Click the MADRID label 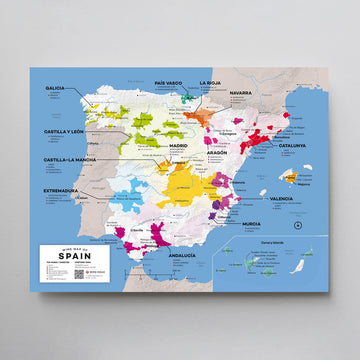[178, 146]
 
